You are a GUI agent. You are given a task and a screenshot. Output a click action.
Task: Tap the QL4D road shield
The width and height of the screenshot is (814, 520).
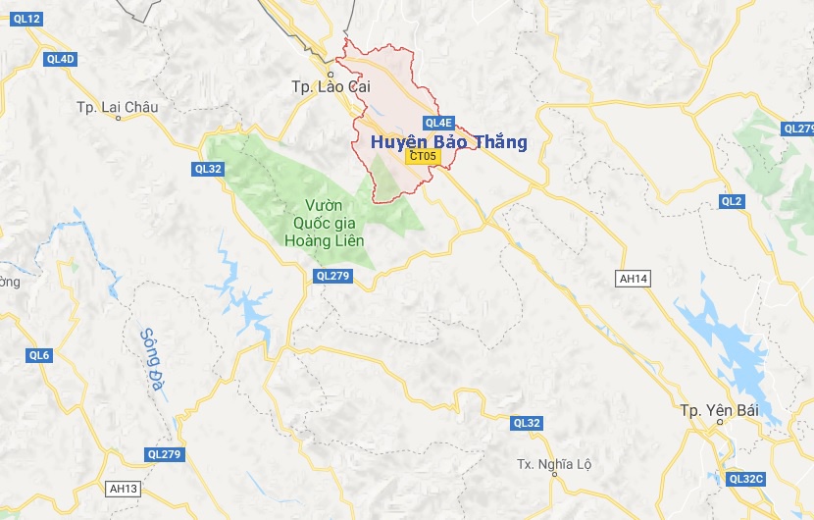click(61, 59)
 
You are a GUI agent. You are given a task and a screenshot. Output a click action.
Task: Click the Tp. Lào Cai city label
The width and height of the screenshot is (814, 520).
click(328, 86)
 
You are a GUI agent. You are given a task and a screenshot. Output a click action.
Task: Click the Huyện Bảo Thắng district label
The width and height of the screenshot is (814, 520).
click(448, 143)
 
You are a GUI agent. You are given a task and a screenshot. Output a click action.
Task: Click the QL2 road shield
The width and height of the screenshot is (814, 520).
click(732, 201)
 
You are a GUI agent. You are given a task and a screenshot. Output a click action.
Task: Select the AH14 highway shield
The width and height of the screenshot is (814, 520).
click(633, 279)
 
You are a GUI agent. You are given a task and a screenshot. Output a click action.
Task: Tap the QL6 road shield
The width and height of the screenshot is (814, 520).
click(39, 355)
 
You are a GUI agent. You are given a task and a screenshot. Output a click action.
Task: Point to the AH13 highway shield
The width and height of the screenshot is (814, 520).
click(124, 488)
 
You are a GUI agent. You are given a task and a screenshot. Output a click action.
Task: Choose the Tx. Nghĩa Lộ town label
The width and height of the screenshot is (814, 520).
click(556, 463)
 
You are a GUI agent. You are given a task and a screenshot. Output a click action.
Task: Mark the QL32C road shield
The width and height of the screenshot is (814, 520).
click(745, 479)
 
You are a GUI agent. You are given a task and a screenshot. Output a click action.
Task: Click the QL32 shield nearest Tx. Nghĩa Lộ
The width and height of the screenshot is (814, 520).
click(527, 423)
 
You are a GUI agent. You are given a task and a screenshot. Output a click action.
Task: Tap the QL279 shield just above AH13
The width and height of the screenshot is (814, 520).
click(164, 454)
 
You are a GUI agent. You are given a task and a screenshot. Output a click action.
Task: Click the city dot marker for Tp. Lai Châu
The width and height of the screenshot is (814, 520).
click(118, 118)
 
